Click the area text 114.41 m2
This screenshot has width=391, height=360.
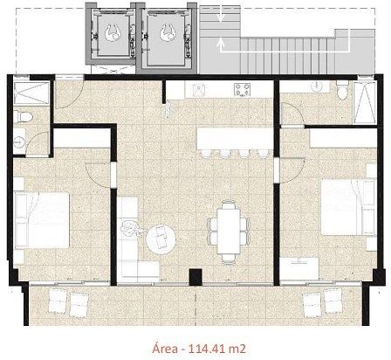point(217,348)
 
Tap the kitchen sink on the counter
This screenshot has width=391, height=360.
point(199,89)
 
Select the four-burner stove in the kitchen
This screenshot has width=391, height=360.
point(243,89)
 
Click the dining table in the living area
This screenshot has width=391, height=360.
point(229,232)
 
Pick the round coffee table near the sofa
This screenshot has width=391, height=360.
point(161,239)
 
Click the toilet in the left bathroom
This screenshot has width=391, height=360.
point(24,117)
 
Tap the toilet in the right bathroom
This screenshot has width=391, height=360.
point(342,89)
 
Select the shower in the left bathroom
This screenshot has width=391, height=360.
point(31,93)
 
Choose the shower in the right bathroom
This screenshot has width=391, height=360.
point(364,102)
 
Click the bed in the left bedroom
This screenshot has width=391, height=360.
point(42,220)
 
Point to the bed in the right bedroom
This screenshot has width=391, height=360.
point(348,207)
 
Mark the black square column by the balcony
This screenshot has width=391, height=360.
point(195,277)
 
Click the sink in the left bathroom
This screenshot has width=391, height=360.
point(19,141)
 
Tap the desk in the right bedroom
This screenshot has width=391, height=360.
point(300,268)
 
